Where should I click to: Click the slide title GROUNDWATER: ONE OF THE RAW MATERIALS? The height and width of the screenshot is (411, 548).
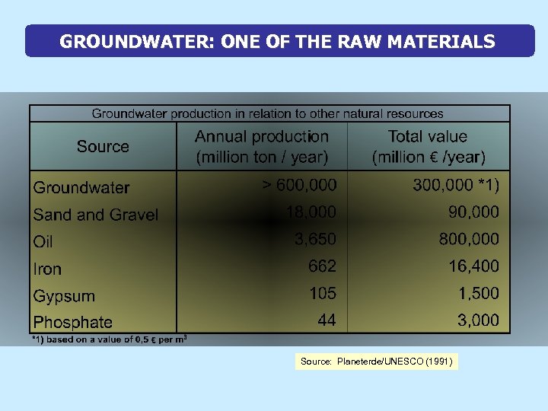tap(277, 41)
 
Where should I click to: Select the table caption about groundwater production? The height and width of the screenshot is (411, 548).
tap(267, 113)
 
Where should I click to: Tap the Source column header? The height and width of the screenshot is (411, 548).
tap(103, 146)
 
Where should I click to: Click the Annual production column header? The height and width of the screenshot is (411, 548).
tap(262, 147)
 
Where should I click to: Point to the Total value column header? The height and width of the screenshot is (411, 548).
tap(428, 147)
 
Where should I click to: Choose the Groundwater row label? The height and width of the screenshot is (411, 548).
tap(81, 187)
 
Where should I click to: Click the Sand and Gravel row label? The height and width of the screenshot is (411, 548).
tap(96, 215)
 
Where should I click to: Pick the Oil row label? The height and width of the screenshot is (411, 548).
tap(43, 242)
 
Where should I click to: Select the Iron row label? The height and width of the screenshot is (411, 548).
tap(47, 269)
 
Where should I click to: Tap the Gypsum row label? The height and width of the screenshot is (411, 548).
tap(64, 296)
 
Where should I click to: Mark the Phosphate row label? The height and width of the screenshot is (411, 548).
tap(73, 322)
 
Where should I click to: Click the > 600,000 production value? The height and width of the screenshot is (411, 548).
tap(299, 185)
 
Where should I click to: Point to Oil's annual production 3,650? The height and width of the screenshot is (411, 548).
tap(315, 239)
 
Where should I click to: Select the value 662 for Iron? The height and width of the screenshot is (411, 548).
tap(322, 266)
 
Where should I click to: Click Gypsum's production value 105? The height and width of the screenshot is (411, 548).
tap(323, 293)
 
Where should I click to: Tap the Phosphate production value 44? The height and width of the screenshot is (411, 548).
tap(327, 320)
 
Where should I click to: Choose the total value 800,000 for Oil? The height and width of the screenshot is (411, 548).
tap(469, 239)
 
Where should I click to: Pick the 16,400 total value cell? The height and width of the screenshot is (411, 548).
tap(473, 266)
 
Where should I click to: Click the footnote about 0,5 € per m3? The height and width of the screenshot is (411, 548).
tap(110, 339)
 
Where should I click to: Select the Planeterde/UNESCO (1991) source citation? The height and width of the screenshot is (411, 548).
tap(377, 362)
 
